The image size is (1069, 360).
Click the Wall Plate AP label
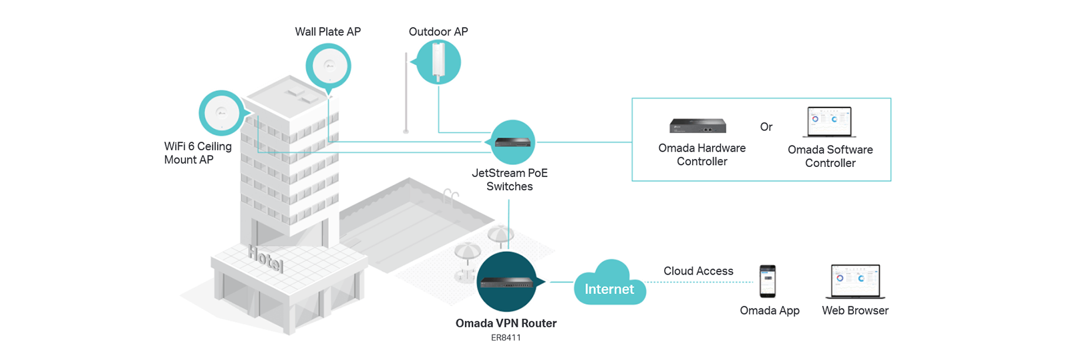click(x=327, y=31)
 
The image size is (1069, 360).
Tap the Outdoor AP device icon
click(x=438, y=61)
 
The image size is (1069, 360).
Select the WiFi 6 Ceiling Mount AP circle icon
click(x=221, y=113)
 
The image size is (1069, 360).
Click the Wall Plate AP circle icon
click(x=328, y=65)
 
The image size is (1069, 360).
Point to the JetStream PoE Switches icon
click(x=513, y=142)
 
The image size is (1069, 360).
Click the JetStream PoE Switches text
click(x=510, y=180)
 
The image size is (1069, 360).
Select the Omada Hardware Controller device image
click(x=698, y=125)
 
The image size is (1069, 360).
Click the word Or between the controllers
click(x=766, y=127)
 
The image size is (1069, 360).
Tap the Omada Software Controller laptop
click(x=830, y=122)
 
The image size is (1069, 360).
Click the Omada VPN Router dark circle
click(x=507, y=282)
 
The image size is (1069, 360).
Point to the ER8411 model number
click(x=506, y=338)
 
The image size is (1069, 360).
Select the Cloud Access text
click(x=698, y=271)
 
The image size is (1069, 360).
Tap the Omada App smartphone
click(x=768, y=281)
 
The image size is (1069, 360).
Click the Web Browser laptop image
click(x=855, y=281)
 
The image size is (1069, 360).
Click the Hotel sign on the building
click(x=266, y=259)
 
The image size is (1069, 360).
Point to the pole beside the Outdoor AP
click(x=406, y=94)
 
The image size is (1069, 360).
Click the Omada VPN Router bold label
click(x=506, y=323)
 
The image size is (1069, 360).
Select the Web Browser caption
click(x=855, y=311)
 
